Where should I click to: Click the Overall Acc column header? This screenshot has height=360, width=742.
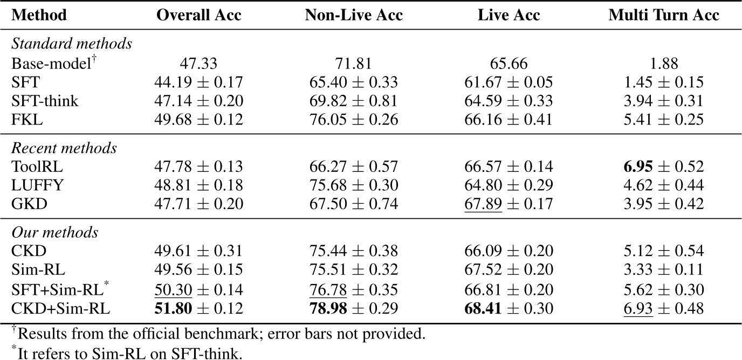[x=198, y=15]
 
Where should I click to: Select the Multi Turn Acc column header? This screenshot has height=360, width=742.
[x=663, y=15]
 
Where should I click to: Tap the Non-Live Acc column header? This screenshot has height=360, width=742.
[x=354, y=15]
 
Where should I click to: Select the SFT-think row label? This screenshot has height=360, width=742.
[x=45, y=100]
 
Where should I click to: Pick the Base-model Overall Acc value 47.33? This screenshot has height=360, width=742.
[x=198, y=64]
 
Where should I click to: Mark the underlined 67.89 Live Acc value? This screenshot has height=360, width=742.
[x=483, y=204]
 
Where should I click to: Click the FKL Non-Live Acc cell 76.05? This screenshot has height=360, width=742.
[x=328, y=119]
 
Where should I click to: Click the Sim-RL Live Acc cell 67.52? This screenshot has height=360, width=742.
[x=483, y=269]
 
